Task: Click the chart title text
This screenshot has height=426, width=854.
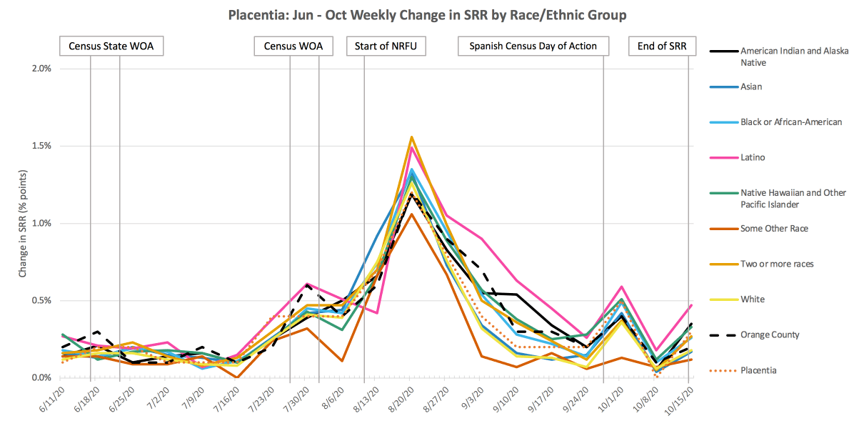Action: tap(428, 14)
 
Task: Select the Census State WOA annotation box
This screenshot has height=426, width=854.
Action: tap(111, 46)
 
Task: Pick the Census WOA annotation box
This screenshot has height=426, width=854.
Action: tap(293, 46)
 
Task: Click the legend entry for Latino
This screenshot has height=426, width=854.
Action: tap(754, 157)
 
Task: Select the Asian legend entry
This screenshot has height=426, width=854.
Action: tap(751, 86)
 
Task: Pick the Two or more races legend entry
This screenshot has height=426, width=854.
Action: tap(777, 264)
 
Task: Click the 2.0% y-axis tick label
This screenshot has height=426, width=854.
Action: tap(40, 69)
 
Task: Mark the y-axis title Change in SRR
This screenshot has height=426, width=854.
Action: tap(23, 223)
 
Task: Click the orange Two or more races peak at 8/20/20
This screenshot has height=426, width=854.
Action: tap(411, 137)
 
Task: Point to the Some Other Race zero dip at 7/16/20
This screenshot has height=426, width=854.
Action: tap(236, 377)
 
